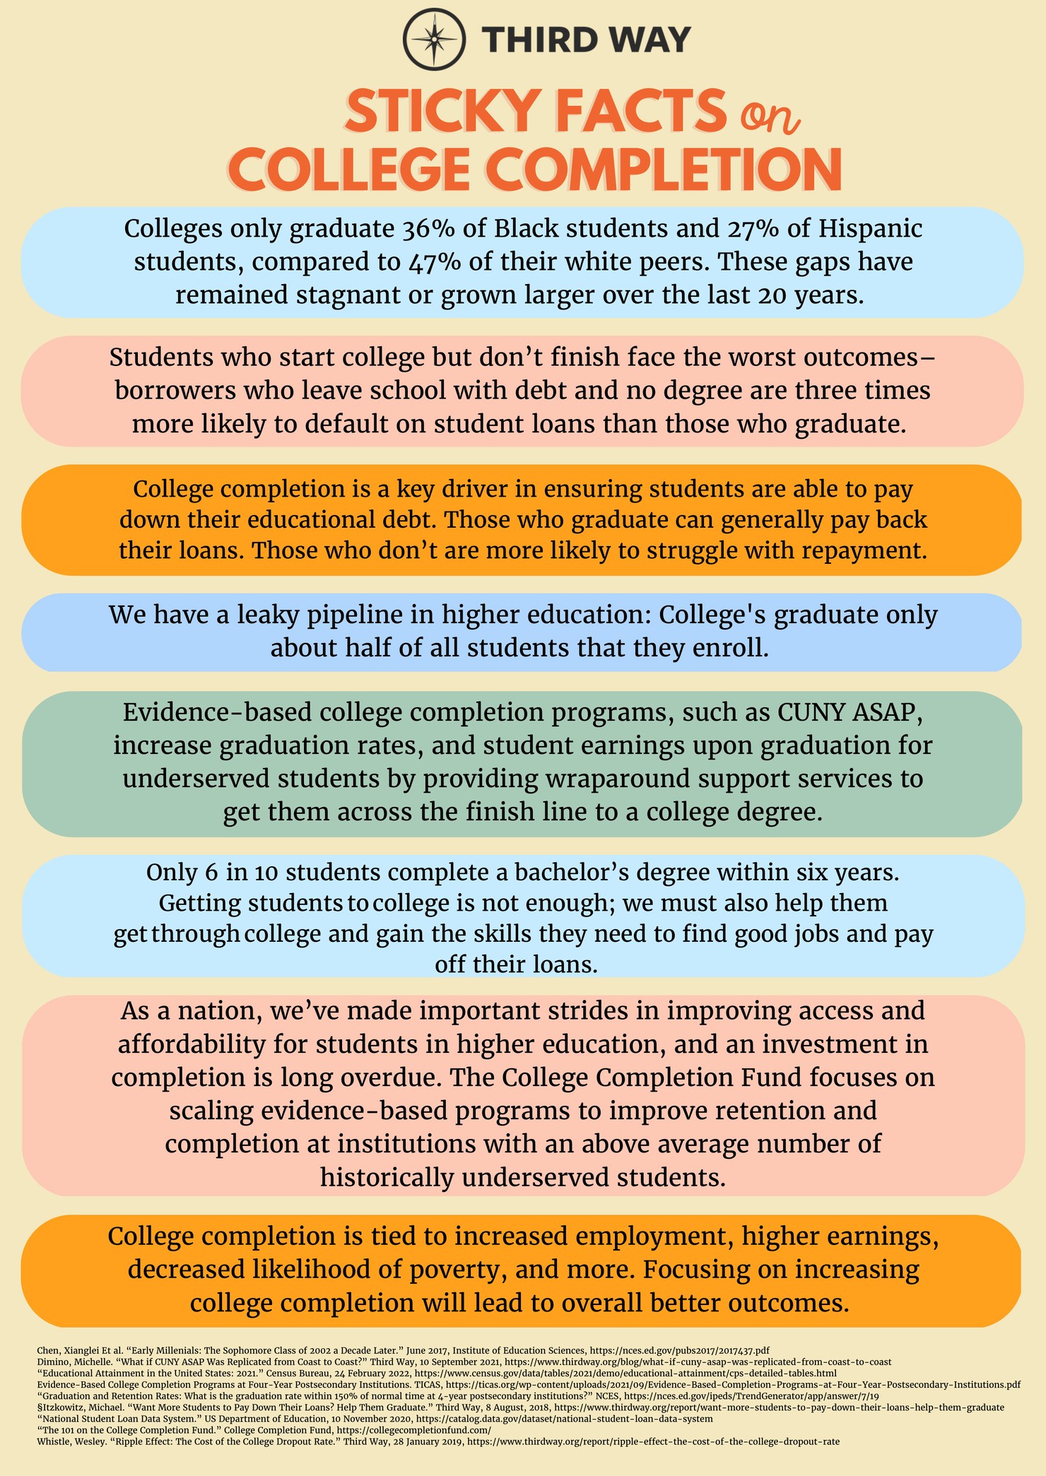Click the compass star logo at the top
click(433, 38)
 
